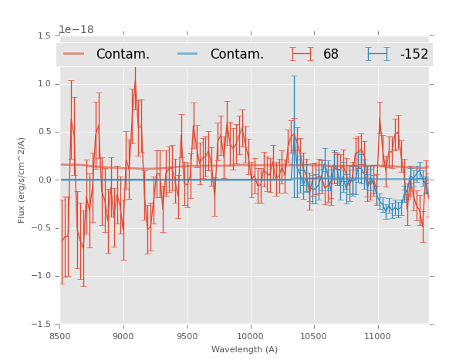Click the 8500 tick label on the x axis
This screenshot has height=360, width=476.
click(60, 335)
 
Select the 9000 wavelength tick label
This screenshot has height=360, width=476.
click(123, 335)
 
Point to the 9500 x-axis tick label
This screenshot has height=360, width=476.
click(187, 335)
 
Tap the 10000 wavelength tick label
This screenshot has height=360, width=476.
click(250, 335)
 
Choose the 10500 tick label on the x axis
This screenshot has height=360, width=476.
click(313, 335)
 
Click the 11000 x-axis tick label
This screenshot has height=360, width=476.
click(377, 335)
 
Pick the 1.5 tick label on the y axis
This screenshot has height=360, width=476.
click(44, 36)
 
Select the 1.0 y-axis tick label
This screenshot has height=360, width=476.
click(44, 84)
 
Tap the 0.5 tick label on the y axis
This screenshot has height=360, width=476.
click(44, 132)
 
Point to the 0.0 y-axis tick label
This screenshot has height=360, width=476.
click(44, 180)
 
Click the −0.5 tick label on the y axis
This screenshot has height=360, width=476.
click(42, 228)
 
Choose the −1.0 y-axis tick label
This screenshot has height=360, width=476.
click(42, 276)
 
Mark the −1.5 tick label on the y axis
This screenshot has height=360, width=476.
click(42, 325)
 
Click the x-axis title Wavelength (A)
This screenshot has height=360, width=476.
click(245, 349)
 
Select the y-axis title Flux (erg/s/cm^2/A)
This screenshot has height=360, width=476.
click(22, 180)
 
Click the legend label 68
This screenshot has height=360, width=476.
click(331, 55)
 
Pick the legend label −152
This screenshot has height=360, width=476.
click(414, 55)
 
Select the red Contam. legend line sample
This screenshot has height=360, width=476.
click(75, 54)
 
